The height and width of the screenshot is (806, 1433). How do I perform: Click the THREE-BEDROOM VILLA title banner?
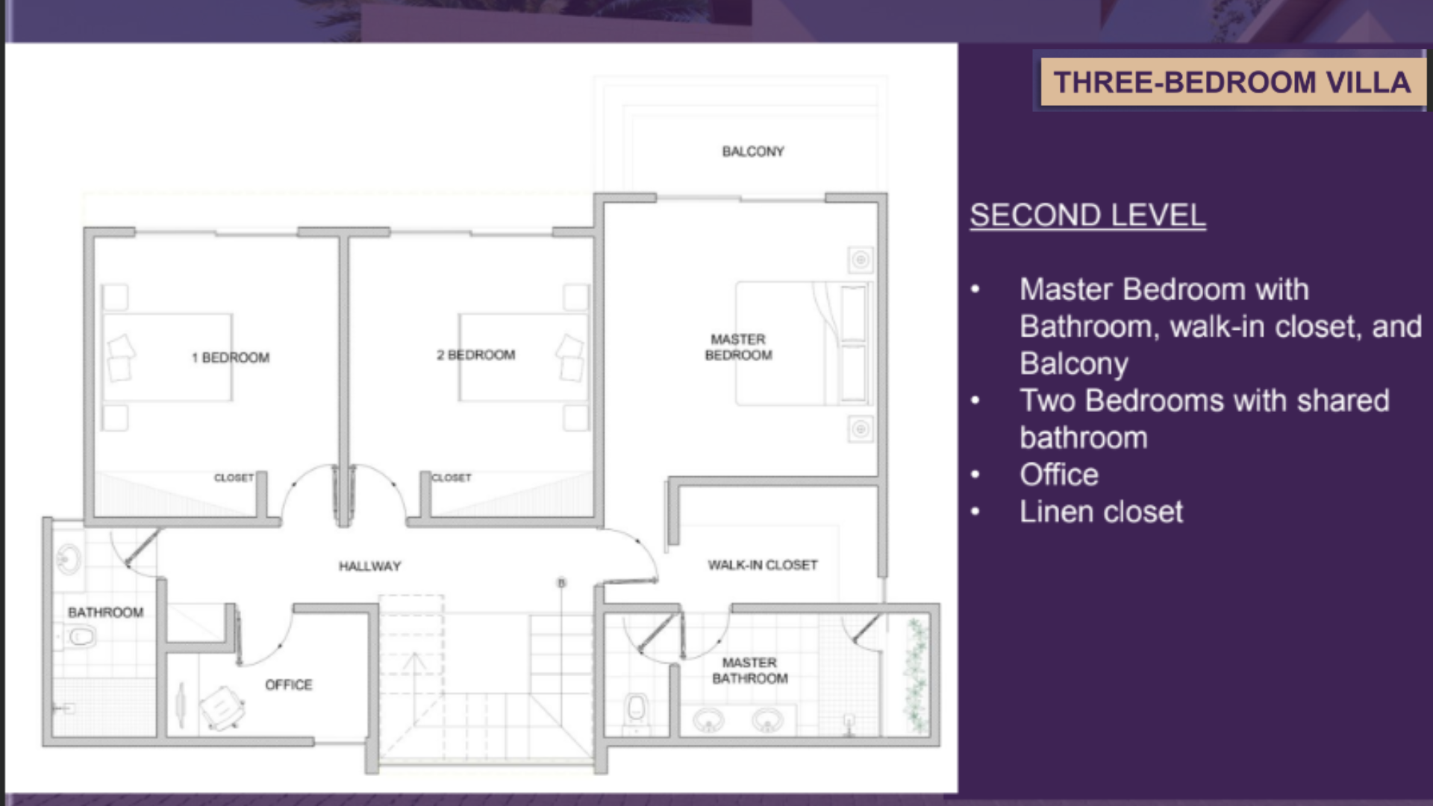(x=1232, y=82)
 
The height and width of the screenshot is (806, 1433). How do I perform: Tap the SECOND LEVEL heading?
(x=1087, y=216)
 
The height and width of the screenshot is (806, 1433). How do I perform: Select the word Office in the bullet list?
(x=1059, y=475)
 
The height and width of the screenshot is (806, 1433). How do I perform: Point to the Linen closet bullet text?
(x=1101, y=512)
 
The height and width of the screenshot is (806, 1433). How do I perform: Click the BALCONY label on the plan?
(x=753, y=151)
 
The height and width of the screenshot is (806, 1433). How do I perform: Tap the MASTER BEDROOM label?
(x=738, y=347)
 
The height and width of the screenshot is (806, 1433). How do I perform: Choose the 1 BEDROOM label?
(x=231, y=357)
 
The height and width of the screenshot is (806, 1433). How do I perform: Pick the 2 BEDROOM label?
(x=476, y=354)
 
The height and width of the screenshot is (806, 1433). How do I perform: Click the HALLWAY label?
(x=369, y=566)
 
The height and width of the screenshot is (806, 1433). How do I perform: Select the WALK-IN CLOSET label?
(x=763, y=565)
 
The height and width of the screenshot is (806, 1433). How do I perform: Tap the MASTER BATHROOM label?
(x=750, y=670)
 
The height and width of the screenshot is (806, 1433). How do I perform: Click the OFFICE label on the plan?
(x=289, y=684)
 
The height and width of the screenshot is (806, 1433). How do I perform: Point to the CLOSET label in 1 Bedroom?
(x=234, y=478)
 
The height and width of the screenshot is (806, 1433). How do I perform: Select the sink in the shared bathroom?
(x=69, y=559)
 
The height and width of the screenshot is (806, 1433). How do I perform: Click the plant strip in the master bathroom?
(x=916, y=675)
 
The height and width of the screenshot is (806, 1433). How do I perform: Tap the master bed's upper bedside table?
(x=861, y=260)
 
